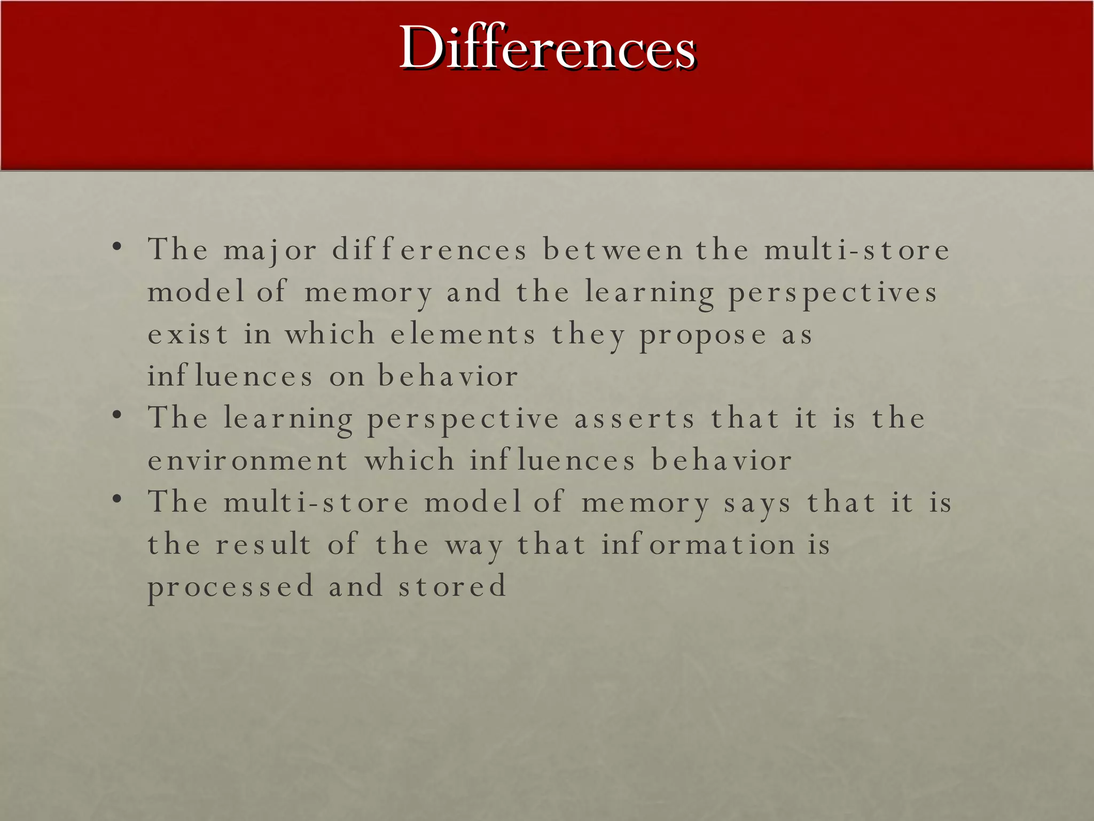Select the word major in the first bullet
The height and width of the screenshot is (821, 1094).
[270, 250]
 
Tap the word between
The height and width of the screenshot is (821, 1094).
[613, 250]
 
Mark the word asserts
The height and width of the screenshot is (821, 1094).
[635, 419]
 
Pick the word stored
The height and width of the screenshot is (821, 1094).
[452, 586]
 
